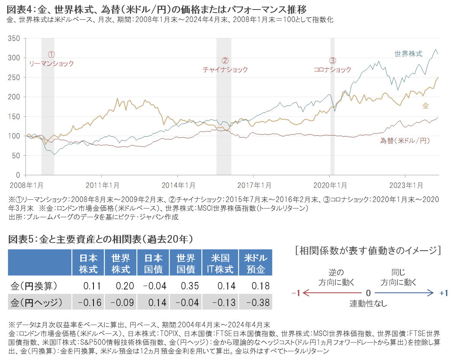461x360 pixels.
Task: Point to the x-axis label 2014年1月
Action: click(178, 185)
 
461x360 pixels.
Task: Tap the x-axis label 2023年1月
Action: click(406, 185)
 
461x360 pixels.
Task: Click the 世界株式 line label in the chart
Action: click(408, 54)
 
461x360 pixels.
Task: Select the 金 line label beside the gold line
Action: click(425, 106)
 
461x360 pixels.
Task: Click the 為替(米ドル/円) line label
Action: click(405, 141)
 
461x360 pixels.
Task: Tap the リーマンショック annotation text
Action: click(51, 64)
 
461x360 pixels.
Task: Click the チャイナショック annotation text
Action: click(225, 69)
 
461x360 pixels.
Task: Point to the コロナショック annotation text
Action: click(332, 69)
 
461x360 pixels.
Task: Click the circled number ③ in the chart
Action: click(333, 60)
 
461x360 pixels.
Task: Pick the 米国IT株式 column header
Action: click(220, 264)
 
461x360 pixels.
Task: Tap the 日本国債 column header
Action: click(154, 264)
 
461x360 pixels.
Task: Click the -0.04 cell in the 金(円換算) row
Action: click(154, 286)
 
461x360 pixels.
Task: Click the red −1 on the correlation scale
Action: click(296, 293)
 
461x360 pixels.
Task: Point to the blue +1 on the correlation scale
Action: click(444, 293)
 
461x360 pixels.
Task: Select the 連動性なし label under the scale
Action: click(368, 303)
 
